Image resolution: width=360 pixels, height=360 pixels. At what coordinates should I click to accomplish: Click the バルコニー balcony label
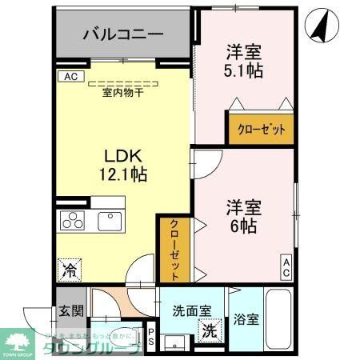[x=123, y=34]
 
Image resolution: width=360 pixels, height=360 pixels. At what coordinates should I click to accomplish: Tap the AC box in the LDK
[x=70, y=77]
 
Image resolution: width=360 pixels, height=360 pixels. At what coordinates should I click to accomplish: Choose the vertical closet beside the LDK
[x=174, y=249]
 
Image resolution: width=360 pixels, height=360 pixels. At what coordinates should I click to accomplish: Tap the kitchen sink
[x=108, y=220]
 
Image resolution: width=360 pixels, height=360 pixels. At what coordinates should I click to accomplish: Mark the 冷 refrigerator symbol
[x=70, y=270]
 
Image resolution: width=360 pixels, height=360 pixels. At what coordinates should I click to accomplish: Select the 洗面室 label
[x=191, y=310]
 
